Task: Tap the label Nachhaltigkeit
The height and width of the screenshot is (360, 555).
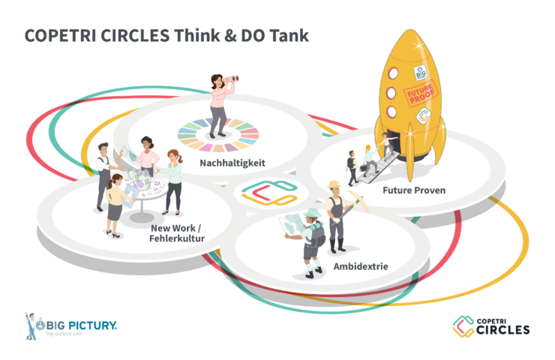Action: click(x=232, y=163)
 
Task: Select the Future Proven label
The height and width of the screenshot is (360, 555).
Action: click(x=413, y=190)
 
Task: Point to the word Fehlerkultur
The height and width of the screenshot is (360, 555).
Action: click(x=178, y=238)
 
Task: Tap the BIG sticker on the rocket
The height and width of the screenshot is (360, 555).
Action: click(x=421, y=72)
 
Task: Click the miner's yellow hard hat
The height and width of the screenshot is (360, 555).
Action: click(x=334, y=184)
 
